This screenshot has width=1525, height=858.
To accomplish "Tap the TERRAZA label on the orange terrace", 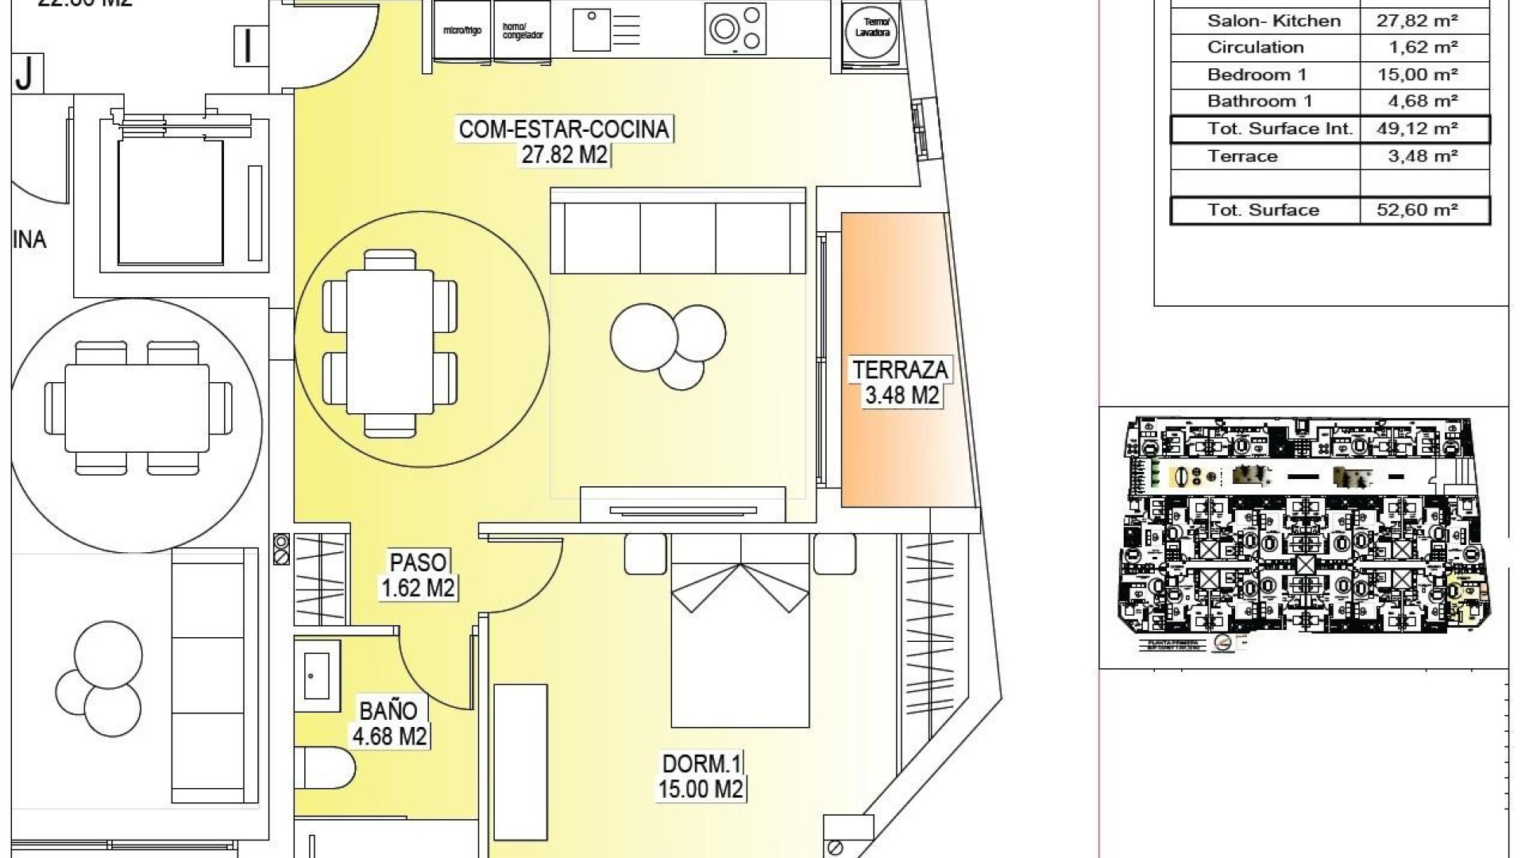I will pos(900,382).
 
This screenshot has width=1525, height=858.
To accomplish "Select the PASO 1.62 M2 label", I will pos(418,574).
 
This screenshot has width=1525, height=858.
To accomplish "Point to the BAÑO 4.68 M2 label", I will pos(389,722).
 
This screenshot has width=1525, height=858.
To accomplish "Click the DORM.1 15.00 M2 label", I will pos(701,776).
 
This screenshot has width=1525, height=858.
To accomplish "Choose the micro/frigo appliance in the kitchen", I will pos(462,31).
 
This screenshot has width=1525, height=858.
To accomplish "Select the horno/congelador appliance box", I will pos(523,31).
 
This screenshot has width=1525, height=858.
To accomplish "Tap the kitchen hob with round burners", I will pos(735,29).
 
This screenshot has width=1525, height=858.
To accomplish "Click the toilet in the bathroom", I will pos(326,767).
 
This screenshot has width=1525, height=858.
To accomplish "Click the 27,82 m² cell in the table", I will pos(1417,21).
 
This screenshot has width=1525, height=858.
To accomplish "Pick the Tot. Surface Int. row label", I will pos(1280,129).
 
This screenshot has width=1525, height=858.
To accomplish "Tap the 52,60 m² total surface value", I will pos(1417,210).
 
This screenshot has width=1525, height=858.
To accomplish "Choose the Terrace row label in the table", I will pos(1242,156).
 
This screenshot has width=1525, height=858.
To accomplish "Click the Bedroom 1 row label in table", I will pos(1257,75).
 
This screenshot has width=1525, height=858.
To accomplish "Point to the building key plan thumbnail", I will pos(1303,533).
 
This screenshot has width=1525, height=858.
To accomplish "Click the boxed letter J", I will pos(26,74).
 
